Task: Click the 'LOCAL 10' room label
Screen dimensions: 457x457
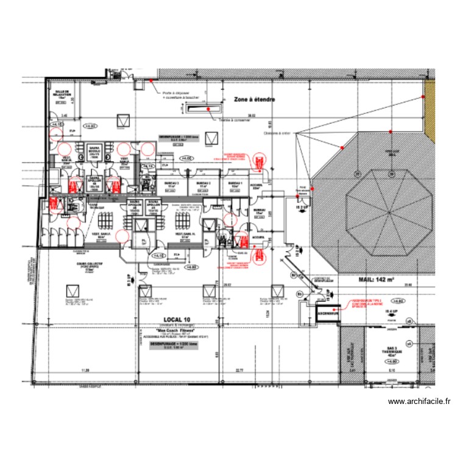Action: (177, 319)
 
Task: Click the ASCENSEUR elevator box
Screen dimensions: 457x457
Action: (327, 313)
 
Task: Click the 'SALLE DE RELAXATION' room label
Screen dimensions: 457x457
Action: (62, 94)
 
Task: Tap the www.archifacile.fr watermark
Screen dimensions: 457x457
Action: (419, 402)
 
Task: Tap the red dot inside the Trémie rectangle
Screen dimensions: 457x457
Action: (207, 109)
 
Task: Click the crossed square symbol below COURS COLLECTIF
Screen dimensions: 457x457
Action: (73, 289)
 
